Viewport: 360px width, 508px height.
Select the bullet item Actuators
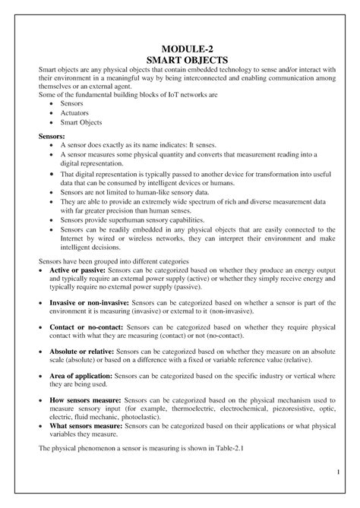pyautogui.click(x=75, y=112)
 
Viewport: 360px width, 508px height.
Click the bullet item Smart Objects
pyautogui.click(x=81, y=121)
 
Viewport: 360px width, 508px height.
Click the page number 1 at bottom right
pyautogui.click(x=336, y=475)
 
